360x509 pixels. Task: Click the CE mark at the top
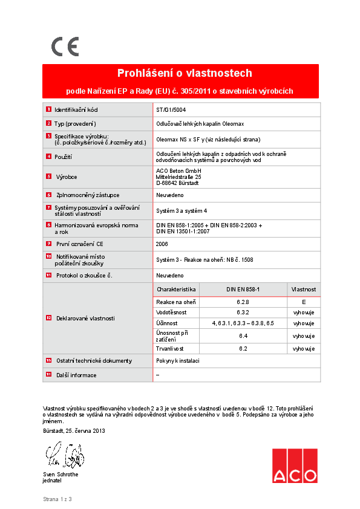[x=65, y=47]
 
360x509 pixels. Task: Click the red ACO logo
[x=294, y=465]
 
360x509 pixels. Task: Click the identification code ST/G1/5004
[x=171, y=110]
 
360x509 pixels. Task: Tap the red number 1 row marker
[x=48, y=110]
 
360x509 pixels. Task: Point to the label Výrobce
[x=66, y=177]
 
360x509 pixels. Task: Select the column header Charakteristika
[x=176, y=290]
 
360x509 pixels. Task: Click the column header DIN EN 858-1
[x=243, y=290]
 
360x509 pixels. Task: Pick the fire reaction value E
[x=304, y=301]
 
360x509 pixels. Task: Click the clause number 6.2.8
[x=243, y=301]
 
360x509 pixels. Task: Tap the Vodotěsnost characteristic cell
[x=171, y=313]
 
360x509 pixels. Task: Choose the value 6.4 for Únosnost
[x=243, y=336]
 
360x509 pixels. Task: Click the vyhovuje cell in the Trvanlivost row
[x=304, y=349]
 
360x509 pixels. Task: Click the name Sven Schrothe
[x=61, y=475]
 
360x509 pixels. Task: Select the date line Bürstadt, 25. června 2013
[x=74, y=430]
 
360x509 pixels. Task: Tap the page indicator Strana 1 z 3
[x=57, y=499]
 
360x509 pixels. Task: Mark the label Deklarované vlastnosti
[x=85, y=318]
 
